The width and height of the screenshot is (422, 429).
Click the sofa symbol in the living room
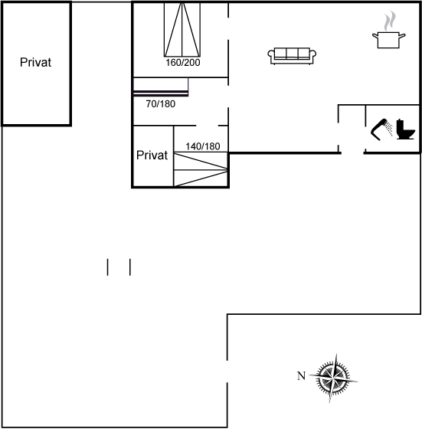coord(292,56)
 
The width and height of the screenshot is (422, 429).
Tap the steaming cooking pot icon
coord(388,30)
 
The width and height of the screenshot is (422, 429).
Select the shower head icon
coord(379,129)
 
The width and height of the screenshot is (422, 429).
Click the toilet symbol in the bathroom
coord(406,129)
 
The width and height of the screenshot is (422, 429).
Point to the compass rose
coord(333,378)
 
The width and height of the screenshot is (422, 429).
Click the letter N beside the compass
coord(301,376)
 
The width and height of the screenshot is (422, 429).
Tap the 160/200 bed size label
coord(183,63)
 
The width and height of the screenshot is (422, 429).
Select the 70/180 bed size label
coord(161,104)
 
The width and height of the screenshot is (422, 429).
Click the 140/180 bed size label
coord(203,146)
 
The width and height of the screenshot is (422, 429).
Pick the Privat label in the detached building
coord(35,62)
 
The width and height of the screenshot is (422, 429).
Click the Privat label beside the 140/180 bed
coord(152,155)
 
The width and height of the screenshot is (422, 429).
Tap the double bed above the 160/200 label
coord(182,30)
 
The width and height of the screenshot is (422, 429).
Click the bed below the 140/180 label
coord(201,169)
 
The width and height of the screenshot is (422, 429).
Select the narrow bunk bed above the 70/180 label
coord(161,87)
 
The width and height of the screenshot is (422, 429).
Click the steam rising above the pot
coord(390,21)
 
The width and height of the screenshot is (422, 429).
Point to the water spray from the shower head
coord(389,128)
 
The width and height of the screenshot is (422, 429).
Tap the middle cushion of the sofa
coord(292,53)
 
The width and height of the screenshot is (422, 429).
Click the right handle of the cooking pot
coord(402,35)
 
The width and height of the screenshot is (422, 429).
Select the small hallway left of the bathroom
coord(352,129)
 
